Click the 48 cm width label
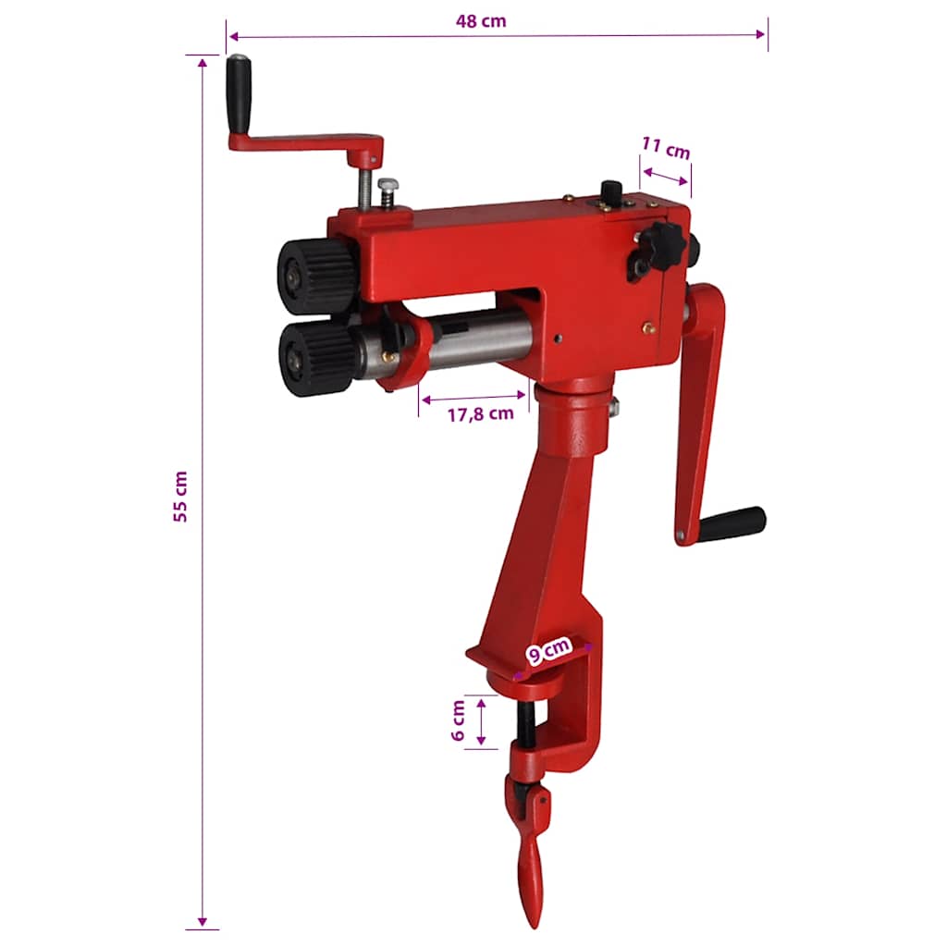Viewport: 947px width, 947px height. (x=481, y=21)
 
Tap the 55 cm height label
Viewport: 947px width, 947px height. (x=180, y=496)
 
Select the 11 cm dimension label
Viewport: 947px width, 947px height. (x=666, y=148)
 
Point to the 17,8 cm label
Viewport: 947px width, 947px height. (x=481, y=414)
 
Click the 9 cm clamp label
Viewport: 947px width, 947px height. (x=548, y=650)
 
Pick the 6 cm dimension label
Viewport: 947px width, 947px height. (x=459, y=720)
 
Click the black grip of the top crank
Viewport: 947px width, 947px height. (x=239, y=94)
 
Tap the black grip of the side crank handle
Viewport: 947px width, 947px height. (x=732, y=524)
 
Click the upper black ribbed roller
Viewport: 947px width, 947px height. (x=316, y=276)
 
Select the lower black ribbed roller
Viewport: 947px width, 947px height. (x=318, y=358)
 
